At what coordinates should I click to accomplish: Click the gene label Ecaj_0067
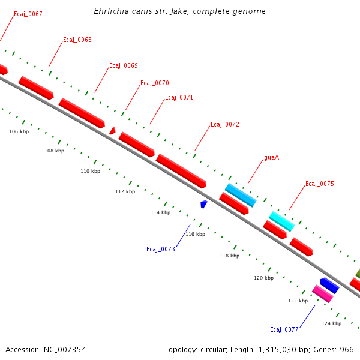click(x=28, y=14)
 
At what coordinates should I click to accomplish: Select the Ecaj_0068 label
click(x=77, y=40)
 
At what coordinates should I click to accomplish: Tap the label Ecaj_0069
click(x=123, y=65)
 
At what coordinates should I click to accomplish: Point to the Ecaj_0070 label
click(x=154, y=83)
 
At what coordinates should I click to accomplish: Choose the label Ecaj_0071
click(x=179, y=97)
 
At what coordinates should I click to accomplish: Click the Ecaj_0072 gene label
click(x=224, y=125)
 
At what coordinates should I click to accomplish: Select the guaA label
click(x=271, y=158)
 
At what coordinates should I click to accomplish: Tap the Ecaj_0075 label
click(x=319, y=184)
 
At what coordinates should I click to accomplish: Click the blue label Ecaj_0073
click(x=160, y=249)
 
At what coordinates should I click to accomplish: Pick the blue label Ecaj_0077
click(x=284, y=329)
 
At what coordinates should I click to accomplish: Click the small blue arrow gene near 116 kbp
click(x=204, y=205)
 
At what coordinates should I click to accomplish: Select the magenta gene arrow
click(x=322, y=293)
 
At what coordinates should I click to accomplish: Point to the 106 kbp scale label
click(x=19, y=131)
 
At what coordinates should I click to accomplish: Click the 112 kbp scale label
click(x=125, y=191)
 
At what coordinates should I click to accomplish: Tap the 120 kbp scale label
click(x=263, y=278)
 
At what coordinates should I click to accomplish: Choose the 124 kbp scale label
click(x=331, y=323)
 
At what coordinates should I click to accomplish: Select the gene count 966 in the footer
click(x=347, y=349)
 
